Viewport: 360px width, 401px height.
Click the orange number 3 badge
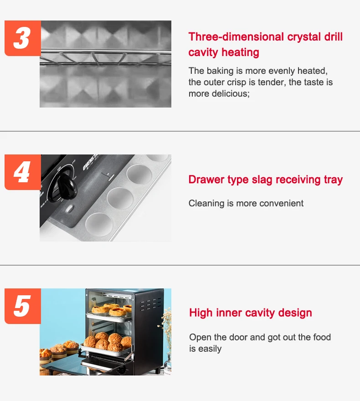pos(23,38)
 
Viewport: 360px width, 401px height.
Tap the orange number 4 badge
pos(23,172)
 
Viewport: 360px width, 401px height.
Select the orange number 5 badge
pos(23,306)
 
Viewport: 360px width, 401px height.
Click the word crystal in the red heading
pos(304,37)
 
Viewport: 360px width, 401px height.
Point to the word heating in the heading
pos(240,52)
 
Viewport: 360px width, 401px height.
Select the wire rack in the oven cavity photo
pos(105,57)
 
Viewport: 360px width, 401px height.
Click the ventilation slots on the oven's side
pos(150,304)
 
